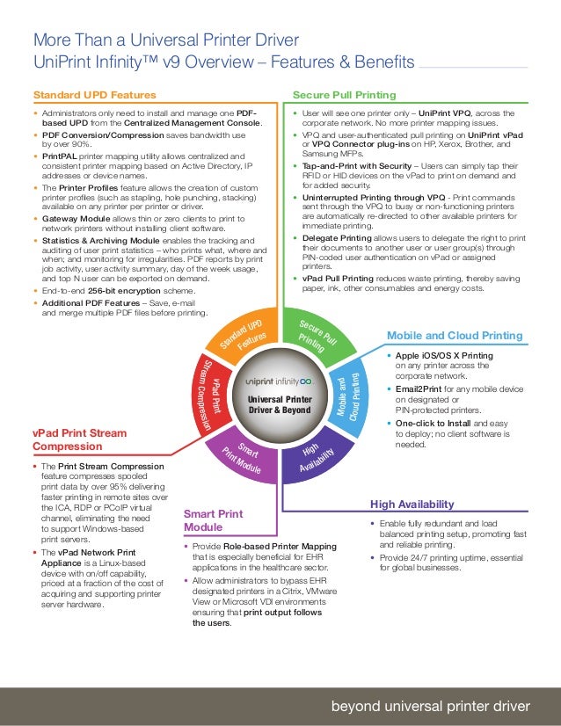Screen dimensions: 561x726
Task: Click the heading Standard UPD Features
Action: click(x=95, y=95)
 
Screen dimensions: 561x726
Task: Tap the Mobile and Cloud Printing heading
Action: click(x=455, y=336)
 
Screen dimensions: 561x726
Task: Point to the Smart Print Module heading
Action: click(x=213, y=519)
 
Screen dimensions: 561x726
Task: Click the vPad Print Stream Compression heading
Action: click(x=79, y=439)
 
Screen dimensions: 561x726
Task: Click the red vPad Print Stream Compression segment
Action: click(x=204, y=397)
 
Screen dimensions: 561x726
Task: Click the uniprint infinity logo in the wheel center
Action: click(x=279, y=382)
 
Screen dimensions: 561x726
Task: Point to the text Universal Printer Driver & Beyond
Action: click(x=279, y=404)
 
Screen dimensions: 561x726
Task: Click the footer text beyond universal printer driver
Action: click(x=430, y=707)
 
